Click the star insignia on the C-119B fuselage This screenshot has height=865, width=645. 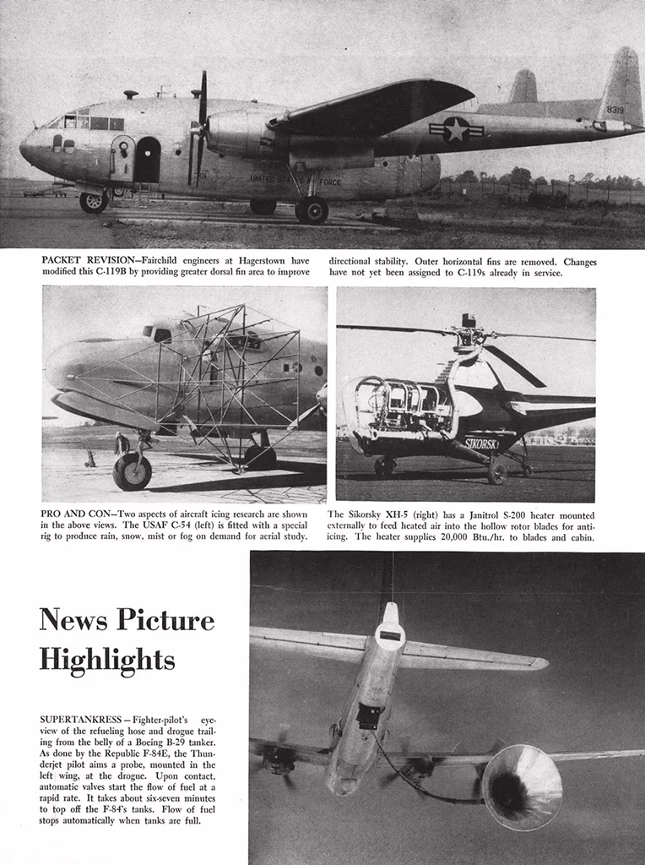coord(457,129)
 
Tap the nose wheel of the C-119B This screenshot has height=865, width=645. coord(92,202)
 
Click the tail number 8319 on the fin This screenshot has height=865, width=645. coord(615,110)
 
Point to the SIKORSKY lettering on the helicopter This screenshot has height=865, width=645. coord(481,443)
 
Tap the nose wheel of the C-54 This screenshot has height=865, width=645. coord(133,471)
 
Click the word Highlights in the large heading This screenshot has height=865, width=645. coord(107,658)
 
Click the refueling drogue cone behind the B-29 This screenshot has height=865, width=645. coord(521,787)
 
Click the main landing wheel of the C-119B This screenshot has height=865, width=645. coord(312,209)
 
